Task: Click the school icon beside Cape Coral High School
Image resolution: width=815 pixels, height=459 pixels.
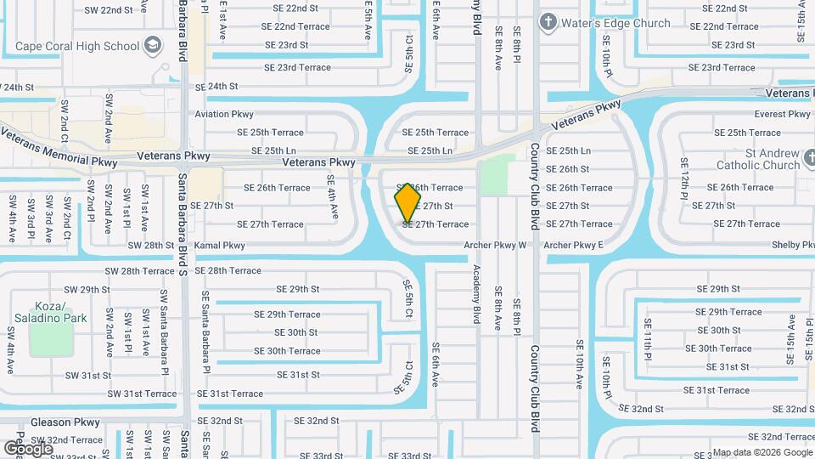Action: tap(153, 44)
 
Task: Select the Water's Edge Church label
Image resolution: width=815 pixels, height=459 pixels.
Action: tap(615, 23)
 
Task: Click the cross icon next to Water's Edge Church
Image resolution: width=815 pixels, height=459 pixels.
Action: tap(548, 22)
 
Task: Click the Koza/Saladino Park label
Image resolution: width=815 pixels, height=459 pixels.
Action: tap(50, 311)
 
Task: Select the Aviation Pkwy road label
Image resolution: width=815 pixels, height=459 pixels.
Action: tap(224, 114)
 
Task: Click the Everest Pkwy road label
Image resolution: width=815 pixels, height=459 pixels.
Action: tap(783, 114)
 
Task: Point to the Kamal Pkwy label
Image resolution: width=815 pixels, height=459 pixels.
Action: tap(220, 246)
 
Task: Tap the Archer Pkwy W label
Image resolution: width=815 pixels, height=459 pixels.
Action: tap(496, 246)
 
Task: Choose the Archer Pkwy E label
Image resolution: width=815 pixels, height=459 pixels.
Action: tap(573, 246)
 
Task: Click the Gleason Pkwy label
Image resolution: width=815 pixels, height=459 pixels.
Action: tap(65, 422)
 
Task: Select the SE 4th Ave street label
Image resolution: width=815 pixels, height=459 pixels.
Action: tap(334, 196)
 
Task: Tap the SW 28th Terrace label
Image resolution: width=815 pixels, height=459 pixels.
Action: tap(140, 271)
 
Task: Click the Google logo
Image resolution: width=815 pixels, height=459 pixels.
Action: tap(28, 448)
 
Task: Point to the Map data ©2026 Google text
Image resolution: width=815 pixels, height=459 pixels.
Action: tap(762, 452)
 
